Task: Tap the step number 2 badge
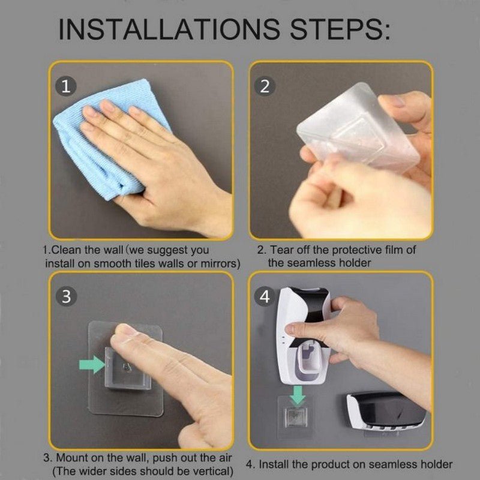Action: (265, 86)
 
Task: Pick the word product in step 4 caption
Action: (329, 464)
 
